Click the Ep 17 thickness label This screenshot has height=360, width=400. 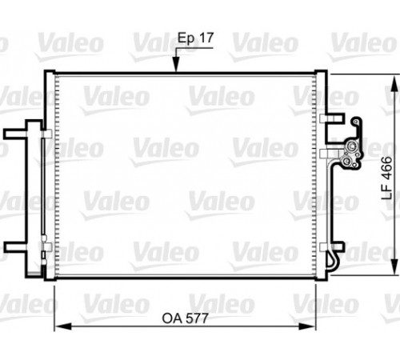pyautogui.click(x=195, y=38)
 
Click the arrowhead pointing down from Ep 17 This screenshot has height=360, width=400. pyautogui.click(x=176, y=65)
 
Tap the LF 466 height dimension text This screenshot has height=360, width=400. pyautogui.click(x=387, y=178)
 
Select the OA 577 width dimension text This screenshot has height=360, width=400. pyautogui.click(x=185, y=318)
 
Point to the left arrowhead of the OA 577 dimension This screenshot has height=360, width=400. pyautogui.click(x=62, y=326)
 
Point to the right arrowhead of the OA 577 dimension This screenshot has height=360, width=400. pyautogui.click(x=307, y=326)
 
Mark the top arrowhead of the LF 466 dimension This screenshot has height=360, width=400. pyautogui.click(x=394, y=83)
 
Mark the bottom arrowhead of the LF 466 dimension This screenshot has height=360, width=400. pyautogui.click(x=394, y=266)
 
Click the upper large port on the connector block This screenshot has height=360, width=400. pyautogui.click(x=352, y=146)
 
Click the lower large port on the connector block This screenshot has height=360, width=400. pyautogui.click(x=347, y=161)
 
